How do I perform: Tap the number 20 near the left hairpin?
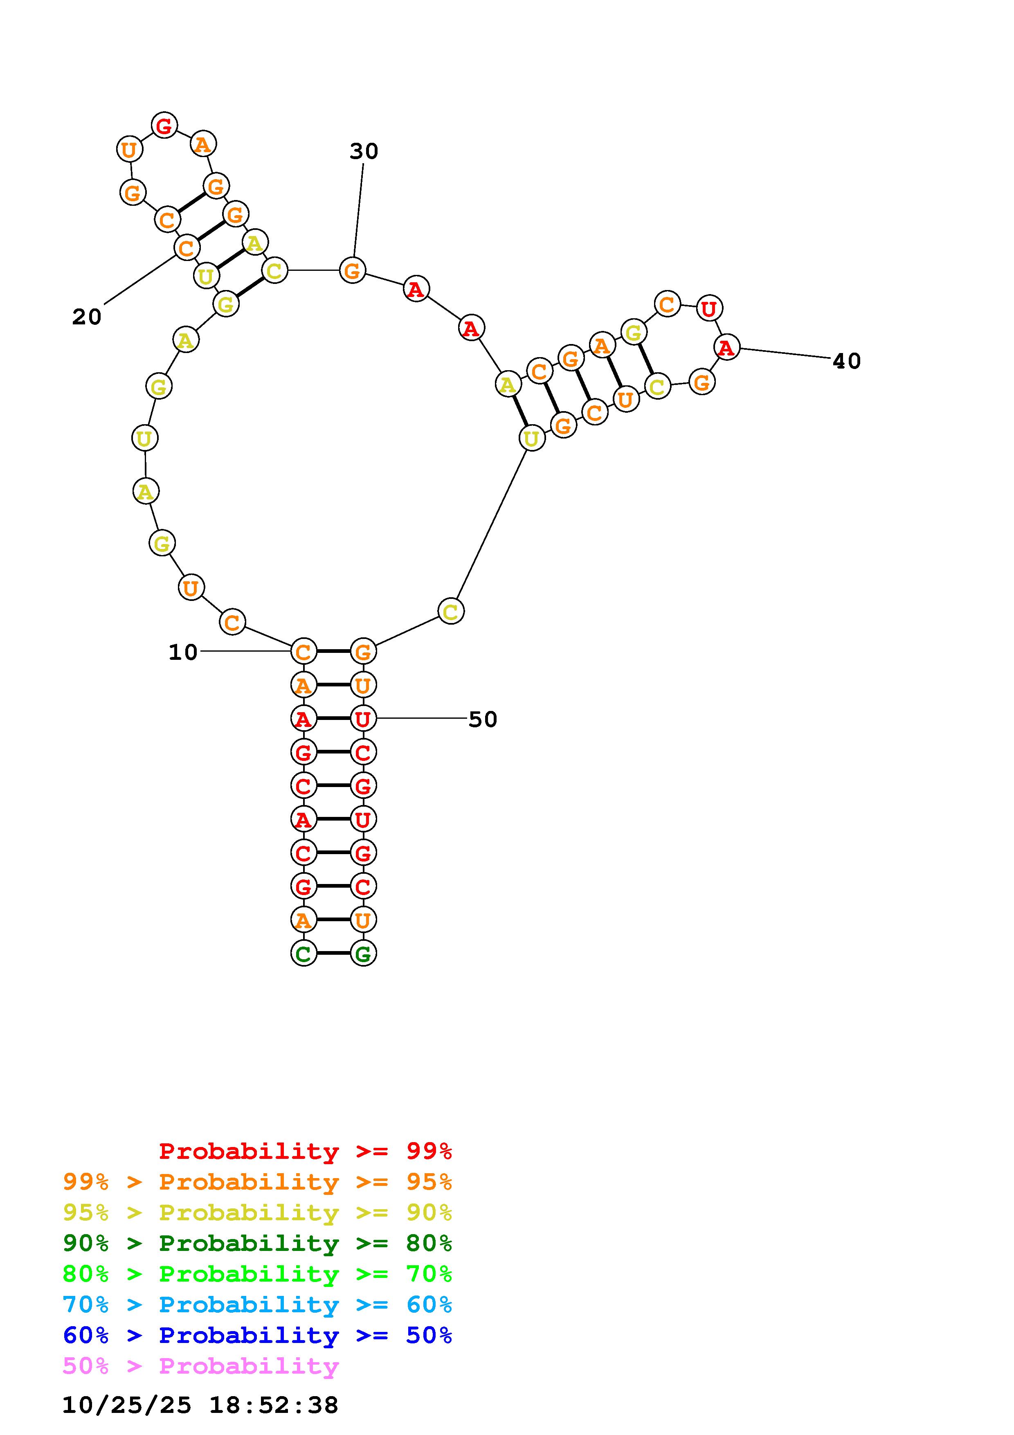(x=86, y=317)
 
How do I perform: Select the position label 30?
(x=364, y=151)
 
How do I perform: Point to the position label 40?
(x=847, y=361)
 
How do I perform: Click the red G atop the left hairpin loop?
(x=164, y=126)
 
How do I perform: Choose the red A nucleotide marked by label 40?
(x=726, y=347)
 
